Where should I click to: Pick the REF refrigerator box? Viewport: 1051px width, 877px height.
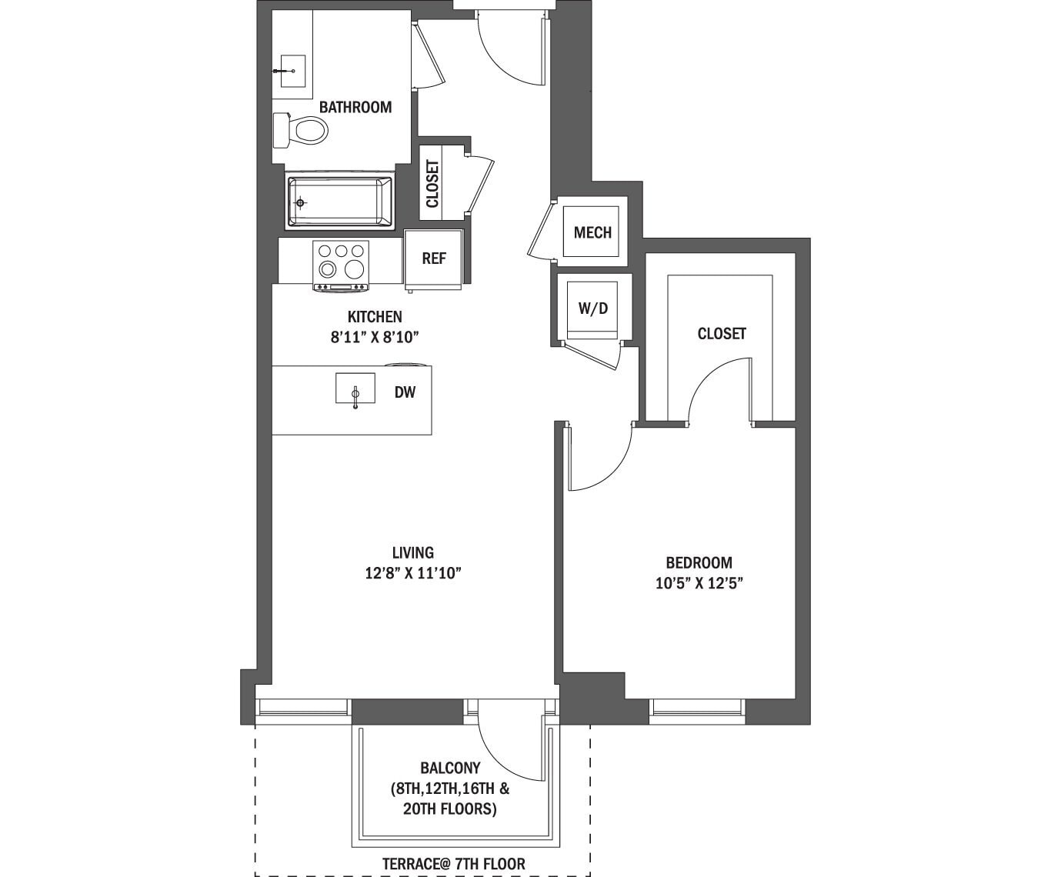pos(433,259)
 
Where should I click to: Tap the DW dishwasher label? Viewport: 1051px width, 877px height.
pos(405,392)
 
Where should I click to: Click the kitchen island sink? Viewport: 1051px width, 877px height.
pos(355,388)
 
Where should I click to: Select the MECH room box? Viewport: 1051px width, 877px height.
pos(592,232)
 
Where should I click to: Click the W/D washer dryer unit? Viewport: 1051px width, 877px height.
pos(592,309)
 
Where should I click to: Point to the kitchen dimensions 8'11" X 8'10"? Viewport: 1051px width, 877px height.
pos(375,337)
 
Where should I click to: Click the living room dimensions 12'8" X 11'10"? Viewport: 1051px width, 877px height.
pos(413,573)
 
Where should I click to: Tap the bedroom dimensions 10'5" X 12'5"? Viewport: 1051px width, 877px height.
pos(699,583)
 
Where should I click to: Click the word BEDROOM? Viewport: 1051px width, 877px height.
pos(699,562)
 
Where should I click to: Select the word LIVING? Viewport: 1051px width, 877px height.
pos(413,552)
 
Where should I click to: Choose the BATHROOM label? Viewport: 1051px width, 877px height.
pos(355,107)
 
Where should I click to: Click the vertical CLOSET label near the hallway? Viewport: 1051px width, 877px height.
pos(432,184)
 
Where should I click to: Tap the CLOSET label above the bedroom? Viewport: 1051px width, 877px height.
pos(721,333)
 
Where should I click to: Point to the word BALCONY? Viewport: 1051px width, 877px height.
pos(450,768)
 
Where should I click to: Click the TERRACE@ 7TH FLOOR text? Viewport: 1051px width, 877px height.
pos(453,864)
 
